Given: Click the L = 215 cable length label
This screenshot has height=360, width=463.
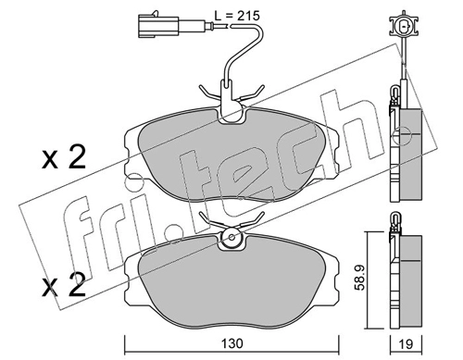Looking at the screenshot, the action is point(237,16).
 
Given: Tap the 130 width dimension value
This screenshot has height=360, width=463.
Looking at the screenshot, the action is point(231,343).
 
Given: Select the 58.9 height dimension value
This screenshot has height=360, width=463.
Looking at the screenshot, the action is point(359,277).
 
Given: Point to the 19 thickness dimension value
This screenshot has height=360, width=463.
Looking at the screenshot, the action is point(406,343).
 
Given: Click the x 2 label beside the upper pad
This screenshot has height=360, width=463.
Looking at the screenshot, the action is point(64,157).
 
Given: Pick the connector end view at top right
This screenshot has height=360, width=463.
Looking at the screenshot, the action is point(404,26).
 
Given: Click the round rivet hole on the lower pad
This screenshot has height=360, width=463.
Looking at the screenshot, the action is point(231,238).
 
